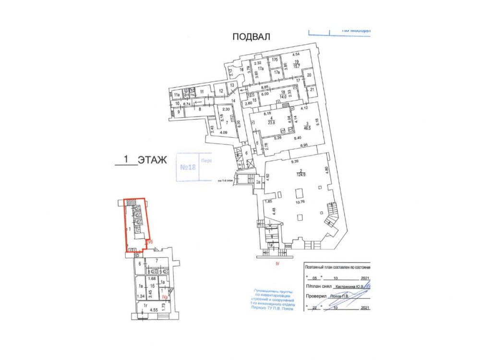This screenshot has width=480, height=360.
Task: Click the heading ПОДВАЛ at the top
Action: [x=252, y=36]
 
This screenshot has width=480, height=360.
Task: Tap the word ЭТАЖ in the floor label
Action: [x=152, y=160]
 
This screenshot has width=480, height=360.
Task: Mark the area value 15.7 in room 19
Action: [x=297, y=66]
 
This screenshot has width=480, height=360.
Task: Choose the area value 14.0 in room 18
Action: [x=283, y=96]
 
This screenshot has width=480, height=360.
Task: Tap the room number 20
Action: [x=310, y=75]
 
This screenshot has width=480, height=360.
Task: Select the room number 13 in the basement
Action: [x=231, y=85]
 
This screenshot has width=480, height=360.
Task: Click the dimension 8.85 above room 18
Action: [x=264, y=87]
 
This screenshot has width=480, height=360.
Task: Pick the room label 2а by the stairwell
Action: [x=257, y=182]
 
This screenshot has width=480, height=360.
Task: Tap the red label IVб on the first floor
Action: [x=150, y=242]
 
